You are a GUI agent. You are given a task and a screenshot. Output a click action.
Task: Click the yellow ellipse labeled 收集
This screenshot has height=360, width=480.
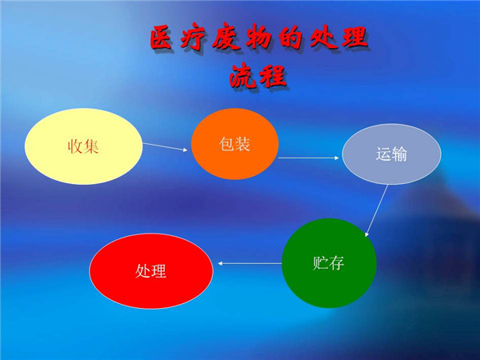click(x=83, y=146)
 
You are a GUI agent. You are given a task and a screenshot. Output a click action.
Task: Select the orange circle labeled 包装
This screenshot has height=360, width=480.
click(x=234, y=144)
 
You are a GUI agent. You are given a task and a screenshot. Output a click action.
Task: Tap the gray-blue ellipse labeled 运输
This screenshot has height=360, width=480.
click(x=391, y=154)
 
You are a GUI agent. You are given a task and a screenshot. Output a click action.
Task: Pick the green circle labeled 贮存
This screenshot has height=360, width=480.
click(x=329, y=263)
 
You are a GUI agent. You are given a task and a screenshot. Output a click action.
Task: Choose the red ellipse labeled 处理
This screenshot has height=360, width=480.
click(x=151, y=271)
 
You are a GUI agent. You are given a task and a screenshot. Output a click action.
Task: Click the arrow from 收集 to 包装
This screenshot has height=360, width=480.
click(x=165, y=146)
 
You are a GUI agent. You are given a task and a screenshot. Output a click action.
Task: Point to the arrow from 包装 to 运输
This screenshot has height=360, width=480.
click(x=309, y=158)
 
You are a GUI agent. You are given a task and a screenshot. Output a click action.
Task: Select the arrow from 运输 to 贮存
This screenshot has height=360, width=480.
click(x=377, y=210)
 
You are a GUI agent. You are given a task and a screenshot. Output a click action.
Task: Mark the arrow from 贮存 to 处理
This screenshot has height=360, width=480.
click(x=250, y=263)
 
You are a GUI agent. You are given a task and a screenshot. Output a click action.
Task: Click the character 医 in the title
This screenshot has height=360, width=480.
click(x=161, y=38)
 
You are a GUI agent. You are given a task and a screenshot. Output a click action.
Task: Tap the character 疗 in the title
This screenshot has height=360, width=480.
click(x=192, y=38)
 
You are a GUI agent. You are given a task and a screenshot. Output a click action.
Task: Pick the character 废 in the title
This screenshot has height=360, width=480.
click(x=226, y=38)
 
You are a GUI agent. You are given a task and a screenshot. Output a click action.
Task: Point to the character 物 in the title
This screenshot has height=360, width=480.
click(x=258, y=38)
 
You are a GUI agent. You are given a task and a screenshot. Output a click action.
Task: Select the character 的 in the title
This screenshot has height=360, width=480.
click(x=290, y=38)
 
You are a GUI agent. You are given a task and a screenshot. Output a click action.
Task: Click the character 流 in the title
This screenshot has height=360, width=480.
click(x=242, y=75)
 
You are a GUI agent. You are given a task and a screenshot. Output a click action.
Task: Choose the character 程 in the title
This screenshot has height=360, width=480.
click(x=273, y=76)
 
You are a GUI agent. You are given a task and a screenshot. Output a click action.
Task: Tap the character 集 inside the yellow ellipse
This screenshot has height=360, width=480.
click(x=91, y=146)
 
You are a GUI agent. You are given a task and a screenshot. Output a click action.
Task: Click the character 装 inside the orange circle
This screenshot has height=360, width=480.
click(x=242, y=144)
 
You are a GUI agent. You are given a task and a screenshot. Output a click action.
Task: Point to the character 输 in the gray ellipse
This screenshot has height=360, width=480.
click(x=399, y=154)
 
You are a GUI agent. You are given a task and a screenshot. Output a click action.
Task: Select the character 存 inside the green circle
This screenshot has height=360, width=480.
click(x=337, y=263)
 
